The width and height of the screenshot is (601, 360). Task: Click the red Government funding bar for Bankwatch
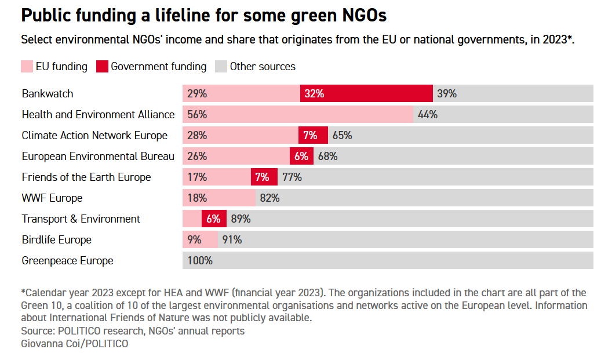(366, 93)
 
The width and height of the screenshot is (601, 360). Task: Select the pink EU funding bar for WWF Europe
(219, 198)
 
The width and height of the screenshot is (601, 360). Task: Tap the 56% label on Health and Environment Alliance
(197, 114)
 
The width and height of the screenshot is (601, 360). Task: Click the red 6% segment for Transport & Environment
(213, 219)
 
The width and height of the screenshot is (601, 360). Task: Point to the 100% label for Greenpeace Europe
(200, 260)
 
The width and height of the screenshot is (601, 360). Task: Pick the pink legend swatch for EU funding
(27, 67)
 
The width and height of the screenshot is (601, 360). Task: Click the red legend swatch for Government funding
(102, 67)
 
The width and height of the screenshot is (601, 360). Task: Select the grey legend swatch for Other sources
(221, 67)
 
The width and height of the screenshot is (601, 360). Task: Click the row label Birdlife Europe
(57, 239)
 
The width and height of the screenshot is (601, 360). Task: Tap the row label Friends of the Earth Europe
(86, 177)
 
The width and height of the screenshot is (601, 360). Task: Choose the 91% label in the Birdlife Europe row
(232, 239)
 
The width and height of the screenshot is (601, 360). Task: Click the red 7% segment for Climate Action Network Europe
(313, 135)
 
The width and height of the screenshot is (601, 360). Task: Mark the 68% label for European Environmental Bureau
(327, 156)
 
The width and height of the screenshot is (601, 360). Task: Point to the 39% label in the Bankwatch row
(447, 93)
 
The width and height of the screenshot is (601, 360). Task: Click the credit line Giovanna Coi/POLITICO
(74, 343)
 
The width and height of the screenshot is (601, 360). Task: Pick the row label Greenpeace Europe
(67, 260)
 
